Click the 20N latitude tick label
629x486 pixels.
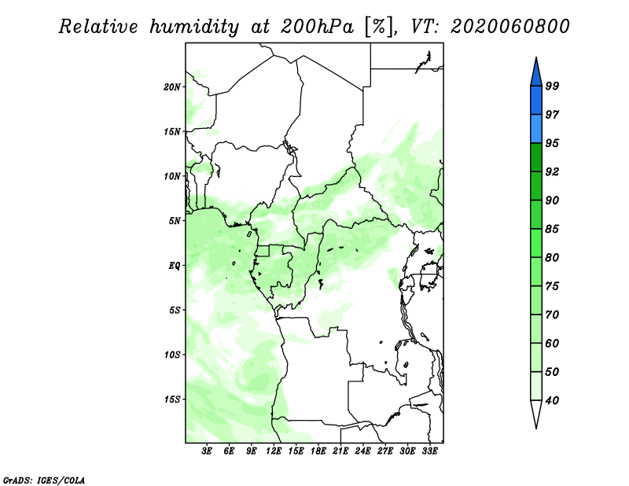tap(172, 87)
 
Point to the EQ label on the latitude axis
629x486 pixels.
tap(175, 266)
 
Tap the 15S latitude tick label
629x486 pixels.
tap(172, 399)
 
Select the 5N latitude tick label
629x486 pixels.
tap(175, 221)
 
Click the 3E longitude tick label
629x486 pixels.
tap(207, 451)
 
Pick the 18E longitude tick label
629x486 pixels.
tap(318, 451)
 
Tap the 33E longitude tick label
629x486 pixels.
tap(429, 451)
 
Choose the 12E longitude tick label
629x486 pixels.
tap(274, 451)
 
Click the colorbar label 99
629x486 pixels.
tap(552, 86)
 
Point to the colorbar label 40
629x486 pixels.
tap(552, 400)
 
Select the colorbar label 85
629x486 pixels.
tap(552, 229)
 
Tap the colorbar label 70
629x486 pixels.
tap(552, 315)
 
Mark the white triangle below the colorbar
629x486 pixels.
tap(536, 413)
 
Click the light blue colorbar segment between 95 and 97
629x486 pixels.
tap(536, 129)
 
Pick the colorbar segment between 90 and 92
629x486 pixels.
tap(536, 186)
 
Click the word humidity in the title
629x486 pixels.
tap(194, 28)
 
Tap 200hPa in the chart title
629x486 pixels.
tap(318, 27)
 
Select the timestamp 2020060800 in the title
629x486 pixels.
tap(509, 27)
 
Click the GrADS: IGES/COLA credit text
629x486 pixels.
tap(44, 480)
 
